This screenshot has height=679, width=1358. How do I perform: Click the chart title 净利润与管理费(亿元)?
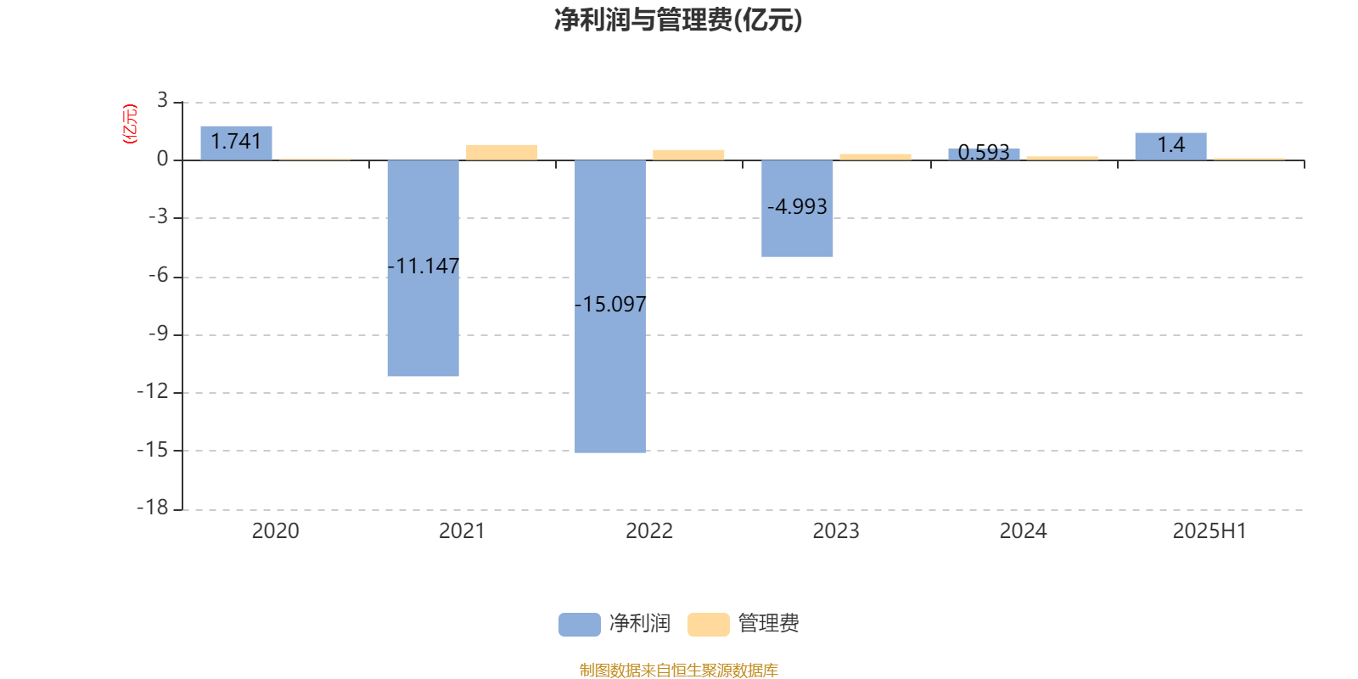678,20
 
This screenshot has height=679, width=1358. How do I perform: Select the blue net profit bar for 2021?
424,268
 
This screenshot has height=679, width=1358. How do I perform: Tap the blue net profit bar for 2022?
610,306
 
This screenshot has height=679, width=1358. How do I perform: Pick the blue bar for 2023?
797,209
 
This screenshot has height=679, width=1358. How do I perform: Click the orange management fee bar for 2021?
502,153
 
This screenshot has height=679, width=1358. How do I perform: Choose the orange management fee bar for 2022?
688,155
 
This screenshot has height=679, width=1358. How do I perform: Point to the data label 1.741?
236,141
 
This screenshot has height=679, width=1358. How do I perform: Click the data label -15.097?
610,304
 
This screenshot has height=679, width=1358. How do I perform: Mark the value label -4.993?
797,207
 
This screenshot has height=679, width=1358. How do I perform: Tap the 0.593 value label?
984,152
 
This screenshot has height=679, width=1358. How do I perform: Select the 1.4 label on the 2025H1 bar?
1170,145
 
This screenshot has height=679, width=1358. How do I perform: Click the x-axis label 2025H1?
1209,531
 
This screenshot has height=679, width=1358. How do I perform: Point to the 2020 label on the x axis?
275,531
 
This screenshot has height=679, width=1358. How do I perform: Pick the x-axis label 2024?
1023,531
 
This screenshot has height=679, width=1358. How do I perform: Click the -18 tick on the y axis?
153,508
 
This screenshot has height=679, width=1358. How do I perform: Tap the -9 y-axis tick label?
159,334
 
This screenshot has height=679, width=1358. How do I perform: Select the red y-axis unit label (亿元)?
130,124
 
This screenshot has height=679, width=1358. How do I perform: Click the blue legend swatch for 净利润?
579,625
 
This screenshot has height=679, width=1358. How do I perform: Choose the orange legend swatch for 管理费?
708,625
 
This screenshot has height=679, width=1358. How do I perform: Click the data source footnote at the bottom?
678,670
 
